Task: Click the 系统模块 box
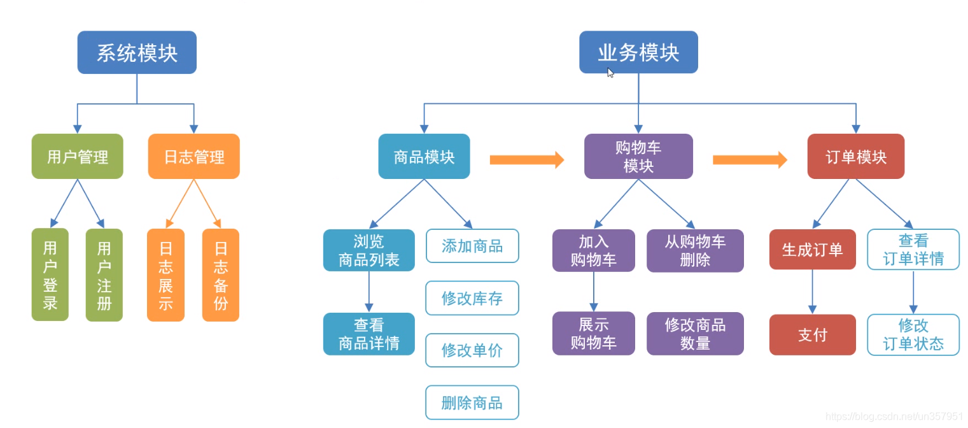[137, 52]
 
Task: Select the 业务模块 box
[638, 52]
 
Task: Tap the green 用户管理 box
[77, 156]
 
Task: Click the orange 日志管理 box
[193, 156]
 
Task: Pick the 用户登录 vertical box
[50, 275]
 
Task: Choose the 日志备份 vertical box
[220, 275]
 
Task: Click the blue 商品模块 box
[424, 156]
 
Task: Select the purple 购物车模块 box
[638, 156]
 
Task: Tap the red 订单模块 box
[855, 156]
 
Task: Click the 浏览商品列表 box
[368, 250]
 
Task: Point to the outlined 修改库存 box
[472, 298]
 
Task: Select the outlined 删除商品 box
[472, 403]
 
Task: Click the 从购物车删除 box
[695, 250]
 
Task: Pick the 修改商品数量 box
[695, 333]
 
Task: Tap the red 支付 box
[812, 334]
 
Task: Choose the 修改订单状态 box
[913, 334]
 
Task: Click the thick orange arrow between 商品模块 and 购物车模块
[526, 159]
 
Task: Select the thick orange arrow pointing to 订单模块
[749, 159]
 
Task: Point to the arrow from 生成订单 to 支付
[812, 292]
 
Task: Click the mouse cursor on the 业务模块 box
[610, 72]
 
